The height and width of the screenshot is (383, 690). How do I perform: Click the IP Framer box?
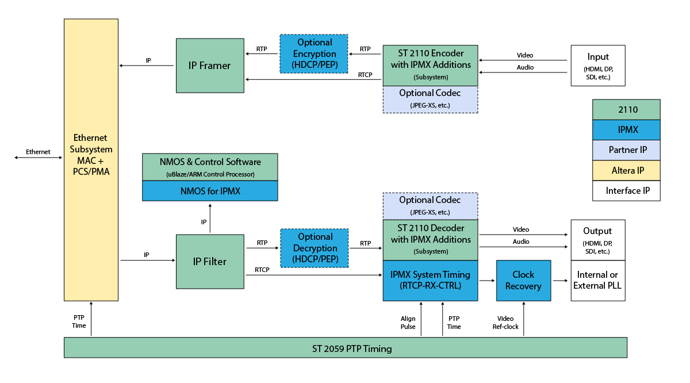[210, 66]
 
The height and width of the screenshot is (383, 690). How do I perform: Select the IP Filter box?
[210, 261]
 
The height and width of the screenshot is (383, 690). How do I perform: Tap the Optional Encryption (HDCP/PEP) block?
[315, 53]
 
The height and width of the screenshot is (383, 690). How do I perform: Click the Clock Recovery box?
[523, 280]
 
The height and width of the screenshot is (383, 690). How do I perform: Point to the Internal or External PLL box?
[597, 280]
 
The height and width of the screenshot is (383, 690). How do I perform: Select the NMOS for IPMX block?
[210, 191]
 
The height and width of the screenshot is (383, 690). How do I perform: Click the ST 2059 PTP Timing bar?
[345, 348]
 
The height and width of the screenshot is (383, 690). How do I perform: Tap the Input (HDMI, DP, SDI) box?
[597, 66]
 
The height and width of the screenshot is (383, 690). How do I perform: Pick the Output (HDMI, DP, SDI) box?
[597, 239]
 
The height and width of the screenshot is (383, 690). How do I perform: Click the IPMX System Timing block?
[430, 280]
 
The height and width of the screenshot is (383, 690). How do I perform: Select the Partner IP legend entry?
[626, 150]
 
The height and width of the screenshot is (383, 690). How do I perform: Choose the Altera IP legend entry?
[626, 170]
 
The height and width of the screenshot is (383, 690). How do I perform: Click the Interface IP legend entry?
[626, 190]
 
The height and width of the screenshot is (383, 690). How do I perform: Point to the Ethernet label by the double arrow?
[38, 152]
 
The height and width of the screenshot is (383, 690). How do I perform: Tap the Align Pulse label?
[408, 323]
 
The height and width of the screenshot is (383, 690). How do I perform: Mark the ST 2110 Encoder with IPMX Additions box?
[430, 65]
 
